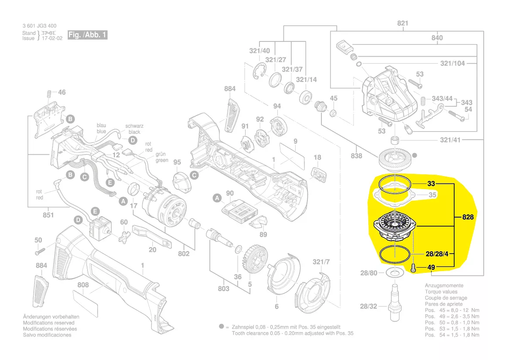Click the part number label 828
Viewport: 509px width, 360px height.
[468, 217]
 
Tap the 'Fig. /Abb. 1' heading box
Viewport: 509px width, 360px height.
[87, 35]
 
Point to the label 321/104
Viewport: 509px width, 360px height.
[452, 63]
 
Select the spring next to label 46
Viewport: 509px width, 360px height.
[49, 93]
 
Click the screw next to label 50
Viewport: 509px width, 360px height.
[39, 251]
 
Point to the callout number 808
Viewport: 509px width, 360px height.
[83, 285]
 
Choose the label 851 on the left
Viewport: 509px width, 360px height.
[48, 214]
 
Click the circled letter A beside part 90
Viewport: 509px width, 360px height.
[216, 198]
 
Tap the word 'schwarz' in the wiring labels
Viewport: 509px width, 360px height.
[134, 126]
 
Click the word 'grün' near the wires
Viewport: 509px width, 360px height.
[162, 154]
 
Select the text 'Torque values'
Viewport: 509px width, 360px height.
[441, 292]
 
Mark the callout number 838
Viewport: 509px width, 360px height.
[357, 156]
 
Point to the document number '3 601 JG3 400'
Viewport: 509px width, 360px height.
[39, 26]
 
